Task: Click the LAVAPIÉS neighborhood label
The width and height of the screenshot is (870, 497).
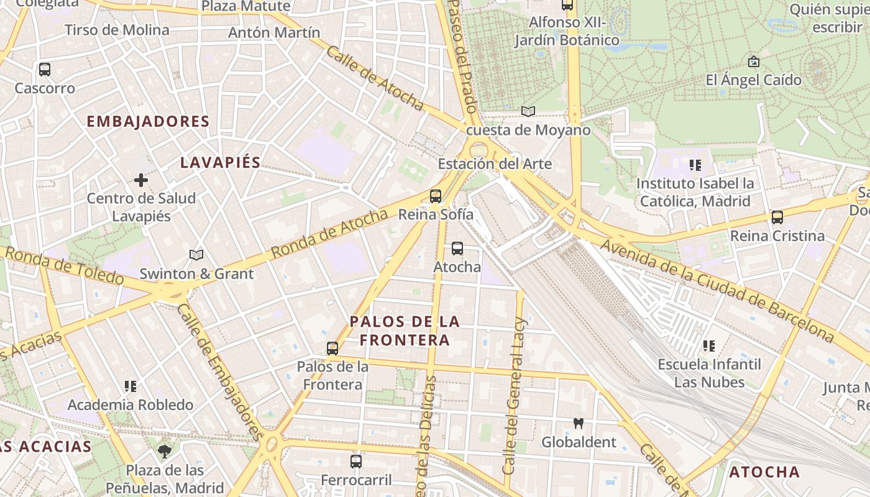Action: tap(220, 163)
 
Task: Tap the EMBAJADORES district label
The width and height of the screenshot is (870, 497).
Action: tap(148, 121)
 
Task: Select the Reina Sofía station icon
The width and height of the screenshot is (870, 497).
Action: tap(436, 196)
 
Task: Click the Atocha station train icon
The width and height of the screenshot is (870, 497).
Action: tap(457, 248)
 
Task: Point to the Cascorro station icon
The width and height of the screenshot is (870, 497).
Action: tap(45, 70)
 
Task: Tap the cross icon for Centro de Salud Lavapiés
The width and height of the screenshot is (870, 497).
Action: tap(141, 180)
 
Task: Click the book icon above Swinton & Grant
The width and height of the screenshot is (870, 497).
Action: tap(196, 255)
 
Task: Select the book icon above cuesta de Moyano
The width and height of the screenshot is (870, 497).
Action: tap(528, 112)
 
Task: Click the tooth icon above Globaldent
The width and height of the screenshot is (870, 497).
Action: tap(579, 424)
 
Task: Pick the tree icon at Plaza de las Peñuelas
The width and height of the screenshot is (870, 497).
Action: tap(165, 452)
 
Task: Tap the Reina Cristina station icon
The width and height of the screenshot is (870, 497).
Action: tap(777, 217)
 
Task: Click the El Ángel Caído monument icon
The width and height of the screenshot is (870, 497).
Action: tap(754, 62)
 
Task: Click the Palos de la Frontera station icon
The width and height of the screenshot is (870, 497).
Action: tap(332, 349)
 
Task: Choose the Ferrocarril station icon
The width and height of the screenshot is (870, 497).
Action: tap(356, 462)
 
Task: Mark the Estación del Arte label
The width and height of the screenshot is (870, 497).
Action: tap(495, 164)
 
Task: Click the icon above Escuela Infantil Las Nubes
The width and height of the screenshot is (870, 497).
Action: tap(709, 346)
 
